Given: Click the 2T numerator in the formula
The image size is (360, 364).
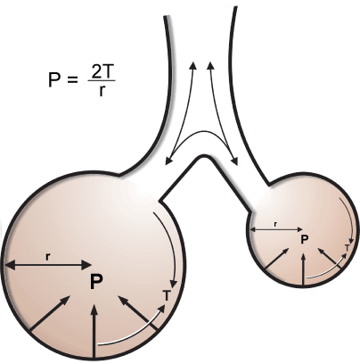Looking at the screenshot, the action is tap(102, 72).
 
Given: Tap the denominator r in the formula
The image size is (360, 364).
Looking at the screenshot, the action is tap(102, 90).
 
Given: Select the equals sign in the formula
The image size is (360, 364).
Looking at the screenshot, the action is tap(73, 80).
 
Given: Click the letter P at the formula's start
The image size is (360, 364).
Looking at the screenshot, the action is tap(54, 79).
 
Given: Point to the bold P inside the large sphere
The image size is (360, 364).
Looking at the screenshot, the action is tap(96, 282).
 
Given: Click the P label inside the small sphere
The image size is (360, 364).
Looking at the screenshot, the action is tap(305, 239).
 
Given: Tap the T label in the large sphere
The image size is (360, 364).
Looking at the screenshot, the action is tap(167, 295).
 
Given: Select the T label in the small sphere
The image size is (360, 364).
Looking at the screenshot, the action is tap(347, 247).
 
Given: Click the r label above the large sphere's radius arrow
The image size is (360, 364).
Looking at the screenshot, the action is tap(47, 256).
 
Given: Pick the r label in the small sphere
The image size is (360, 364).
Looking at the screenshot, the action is tap(275, 224).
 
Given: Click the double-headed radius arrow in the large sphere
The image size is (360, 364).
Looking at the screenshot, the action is tap(48, 265).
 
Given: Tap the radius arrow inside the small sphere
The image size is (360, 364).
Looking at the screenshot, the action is tap(276, 229).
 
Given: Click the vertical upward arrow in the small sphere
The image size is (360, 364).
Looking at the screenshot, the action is tap(303, 269).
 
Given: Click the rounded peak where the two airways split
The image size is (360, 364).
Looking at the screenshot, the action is tap(204, 156).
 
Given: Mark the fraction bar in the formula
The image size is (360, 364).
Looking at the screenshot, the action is tap(102, 81).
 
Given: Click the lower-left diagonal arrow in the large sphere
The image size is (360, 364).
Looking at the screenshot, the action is tap(49, 313).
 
